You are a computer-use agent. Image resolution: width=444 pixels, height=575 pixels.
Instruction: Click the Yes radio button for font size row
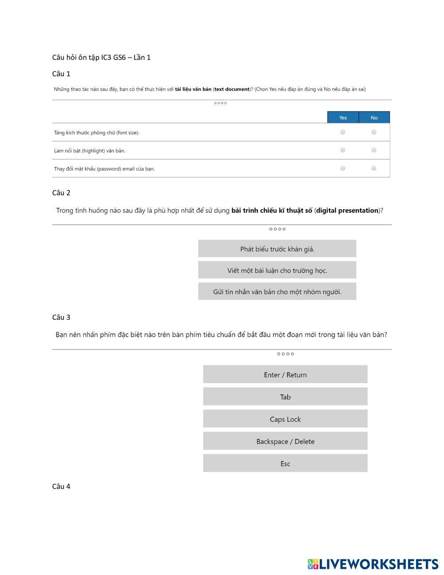[x=343, y=132]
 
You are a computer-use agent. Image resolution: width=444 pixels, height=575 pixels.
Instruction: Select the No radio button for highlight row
[x=374, y=150]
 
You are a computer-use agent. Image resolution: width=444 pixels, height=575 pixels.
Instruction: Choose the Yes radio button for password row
[x=343, y=168]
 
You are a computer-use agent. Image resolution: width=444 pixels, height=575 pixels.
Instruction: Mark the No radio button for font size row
[x=374, y=132]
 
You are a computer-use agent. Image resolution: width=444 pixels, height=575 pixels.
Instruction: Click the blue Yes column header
[x=343, y=117]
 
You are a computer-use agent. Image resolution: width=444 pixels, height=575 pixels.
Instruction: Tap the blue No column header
[x=374, y=117]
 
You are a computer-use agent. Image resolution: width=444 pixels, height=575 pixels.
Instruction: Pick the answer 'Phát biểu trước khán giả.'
[x=277, y=249]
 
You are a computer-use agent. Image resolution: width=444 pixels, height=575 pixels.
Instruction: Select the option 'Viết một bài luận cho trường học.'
[x=277, y=270]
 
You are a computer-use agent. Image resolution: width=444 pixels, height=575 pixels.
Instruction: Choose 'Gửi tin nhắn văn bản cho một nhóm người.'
[x=277, y=291]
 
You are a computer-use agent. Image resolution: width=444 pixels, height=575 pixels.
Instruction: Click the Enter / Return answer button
[x=285, y=375]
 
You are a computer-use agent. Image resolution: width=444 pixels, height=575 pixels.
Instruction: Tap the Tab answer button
[x=285, y=397]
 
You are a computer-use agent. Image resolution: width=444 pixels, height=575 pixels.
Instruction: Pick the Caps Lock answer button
[x=285, y=419]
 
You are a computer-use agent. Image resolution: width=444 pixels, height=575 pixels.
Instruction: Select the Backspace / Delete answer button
[x=285, y=441]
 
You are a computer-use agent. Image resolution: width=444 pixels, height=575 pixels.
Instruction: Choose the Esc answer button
[x=285, y=463]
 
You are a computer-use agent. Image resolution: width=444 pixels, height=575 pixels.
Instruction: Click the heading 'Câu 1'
[x=61, y=74]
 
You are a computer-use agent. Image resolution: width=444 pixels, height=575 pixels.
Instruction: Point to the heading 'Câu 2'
[x=61, y=193]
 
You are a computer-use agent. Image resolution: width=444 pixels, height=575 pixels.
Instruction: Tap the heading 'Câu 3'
[x=61, y=317]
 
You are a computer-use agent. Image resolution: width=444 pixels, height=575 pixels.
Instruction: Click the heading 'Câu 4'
[x=61, y=487]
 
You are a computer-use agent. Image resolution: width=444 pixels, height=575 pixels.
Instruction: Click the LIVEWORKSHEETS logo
[x=373, y=564]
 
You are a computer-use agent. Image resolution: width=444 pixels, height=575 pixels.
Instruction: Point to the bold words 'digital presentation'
[x=347, y=211]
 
